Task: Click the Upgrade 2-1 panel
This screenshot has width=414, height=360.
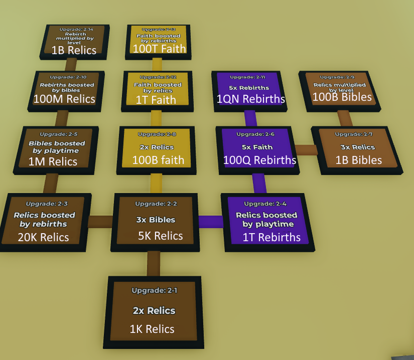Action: point(154,311)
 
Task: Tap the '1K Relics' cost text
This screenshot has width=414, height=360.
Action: point(152,329)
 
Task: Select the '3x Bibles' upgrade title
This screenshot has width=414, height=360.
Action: point(156,220)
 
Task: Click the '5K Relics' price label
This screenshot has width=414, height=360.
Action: point(161,236)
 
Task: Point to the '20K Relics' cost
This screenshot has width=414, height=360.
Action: point(43,237)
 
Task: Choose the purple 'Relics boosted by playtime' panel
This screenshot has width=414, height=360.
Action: point(267,221)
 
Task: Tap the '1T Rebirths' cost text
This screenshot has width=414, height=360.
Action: point(271,237)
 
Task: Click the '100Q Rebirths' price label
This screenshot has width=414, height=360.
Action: point(259,160)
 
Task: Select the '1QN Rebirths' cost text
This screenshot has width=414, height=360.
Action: point(250,99)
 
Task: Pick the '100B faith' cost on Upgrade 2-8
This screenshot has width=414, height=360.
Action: point(158,160)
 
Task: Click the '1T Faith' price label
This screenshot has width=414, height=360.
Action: point(156,100)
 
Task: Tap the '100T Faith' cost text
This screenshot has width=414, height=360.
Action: point(159,49)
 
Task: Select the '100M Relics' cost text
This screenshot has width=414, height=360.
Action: point(64,99)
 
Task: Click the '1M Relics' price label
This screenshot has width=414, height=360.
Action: point(53,161)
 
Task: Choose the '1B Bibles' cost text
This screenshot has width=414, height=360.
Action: point(358,160)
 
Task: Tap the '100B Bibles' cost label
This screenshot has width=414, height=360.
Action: point(342,97)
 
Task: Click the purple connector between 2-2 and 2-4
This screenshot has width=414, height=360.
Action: point(210,221)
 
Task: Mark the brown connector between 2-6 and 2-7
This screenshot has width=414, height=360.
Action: point(305,149)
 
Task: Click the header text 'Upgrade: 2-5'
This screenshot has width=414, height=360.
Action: point(59,134)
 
